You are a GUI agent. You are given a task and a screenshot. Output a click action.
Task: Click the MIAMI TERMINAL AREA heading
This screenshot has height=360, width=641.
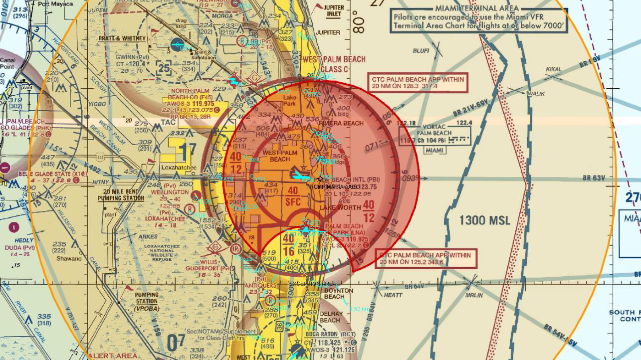[x=477, y=8]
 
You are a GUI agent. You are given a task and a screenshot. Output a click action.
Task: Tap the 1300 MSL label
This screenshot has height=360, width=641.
[x=484, y=220]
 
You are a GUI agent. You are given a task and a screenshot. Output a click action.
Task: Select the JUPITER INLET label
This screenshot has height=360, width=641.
[x=333, y=11]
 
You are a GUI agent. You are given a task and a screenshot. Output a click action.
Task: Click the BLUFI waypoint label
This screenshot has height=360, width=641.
[x=421, y=51]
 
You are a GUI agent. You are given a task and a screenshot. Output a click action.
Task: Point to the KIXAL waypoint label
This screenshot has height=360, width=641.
[x=554, y=69]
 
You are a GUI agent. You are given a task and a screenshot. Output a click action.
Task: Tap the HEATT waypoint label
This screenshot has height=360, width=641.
[x=394, y=295]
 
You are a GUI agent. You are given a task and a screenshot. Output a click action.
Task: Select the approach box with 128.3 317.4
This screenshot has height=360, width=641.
[x=418, y=83]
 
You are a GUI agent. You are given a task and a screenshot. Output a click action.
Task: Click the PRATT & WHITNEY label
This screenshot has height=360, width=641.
[x=122, y=38]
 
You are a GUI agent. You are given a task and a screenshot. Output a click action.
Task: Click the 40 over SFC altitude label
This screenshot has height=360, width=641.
[x=293, y=195]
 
